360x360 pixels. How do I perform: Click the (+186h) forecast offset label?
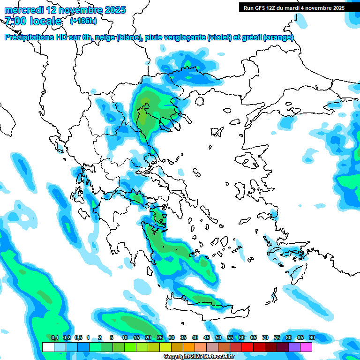tap(83, 21)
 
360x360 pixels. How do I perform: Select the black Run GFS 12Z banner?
tap(294, 7)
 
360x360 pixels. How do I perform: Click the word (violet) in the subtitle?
tap(220, 37)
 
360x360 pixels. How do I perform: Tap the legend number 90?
tap(312, 337)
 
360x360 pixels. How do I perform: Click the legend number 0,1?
tap(55, 337)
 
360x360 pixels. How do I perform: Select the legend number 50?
tap(218, 337)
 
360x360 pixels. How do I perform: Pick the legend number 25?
tap(159, 337)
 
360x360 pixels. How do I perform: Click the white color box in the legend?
tap(48, 347)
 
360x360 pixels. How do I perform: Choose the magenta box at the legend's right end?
tap(306, 347)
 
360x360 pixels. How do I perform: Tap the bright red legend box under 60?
tap(247, 347)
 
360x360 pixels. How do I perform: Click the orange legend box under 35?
tap(189, 347)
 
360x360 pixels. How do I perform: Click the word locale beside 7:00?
tap(45, 21)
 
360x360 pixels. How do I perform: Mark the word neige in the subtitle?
tap(104, 37)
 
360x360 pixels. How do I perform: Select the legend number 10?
tap(124, 337)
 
